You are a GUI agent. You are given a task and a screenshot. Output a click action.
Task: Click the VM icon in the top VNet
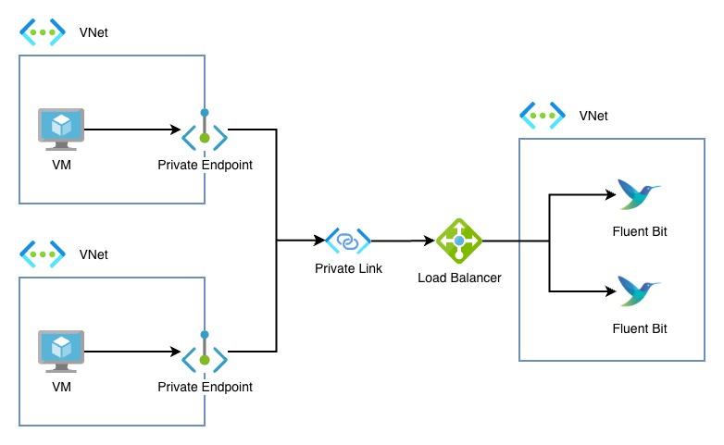point(61,129)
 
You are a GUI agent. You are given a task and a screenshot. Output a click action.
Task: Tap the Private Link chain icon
point(347,241)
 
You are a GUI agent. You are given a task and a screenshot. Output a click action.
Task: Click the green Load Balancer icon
point(459,241)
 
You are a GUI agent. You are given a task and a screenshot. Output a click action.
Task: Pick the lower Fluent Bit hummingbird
point(638,291)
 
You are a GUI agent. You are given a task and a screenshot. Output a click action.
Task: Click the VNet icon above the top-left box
point(43,33)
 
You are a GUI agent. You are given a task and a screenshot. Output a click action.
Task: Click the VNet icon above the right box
point(543,116)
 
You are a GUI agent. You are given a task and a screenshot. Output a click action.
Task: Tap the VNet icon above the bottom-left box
point(43,253)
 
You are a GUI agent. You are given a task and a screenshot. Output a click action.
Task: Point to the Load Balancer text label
point(459,278)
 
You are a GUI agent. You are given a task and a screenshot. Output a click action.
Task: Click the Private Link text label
point(347,269)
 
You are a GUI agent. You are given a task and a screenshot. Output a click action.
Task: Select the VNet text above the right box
point(593,116)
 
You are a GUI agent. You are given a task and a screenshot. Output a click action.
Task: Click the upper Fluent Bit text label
point(640,231)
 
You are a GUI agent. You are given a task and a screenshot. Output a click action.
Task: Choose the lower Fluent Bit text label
point(640,328)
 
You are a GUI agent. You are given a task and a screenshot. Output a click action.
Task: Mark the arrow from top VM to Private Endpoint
point(130,130)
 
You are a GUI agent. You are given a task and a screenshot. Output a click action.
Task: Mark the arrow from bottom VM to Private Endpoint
point(130,352)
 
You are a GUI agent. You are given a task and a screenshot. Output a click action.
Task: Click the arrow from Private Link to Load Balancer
point(404,241)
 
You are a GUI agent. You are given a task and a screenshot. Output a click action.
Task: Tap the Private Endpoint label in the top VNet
point(205,165)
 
